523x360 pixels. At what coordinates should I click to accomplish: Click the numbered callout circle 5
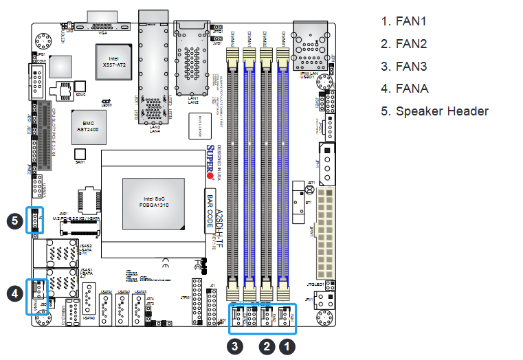[x=12, y=221]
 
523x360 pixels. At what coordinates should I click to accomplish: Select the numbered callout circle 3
[x=236, y=347]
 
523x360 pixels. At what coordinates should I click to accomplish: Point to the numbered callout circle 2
[x=267, y=347]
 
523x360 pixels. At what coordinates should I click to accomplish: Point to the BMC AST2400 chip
[x=89, y=121]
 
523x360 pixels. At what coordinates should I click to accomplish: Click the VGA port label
[x=103, y=32]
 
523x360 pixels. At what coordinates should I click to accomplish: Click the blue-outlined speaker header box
[x=34, y=220]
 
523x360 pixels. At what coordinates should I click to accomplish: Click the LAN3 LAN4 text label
[x=155, y=128]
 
